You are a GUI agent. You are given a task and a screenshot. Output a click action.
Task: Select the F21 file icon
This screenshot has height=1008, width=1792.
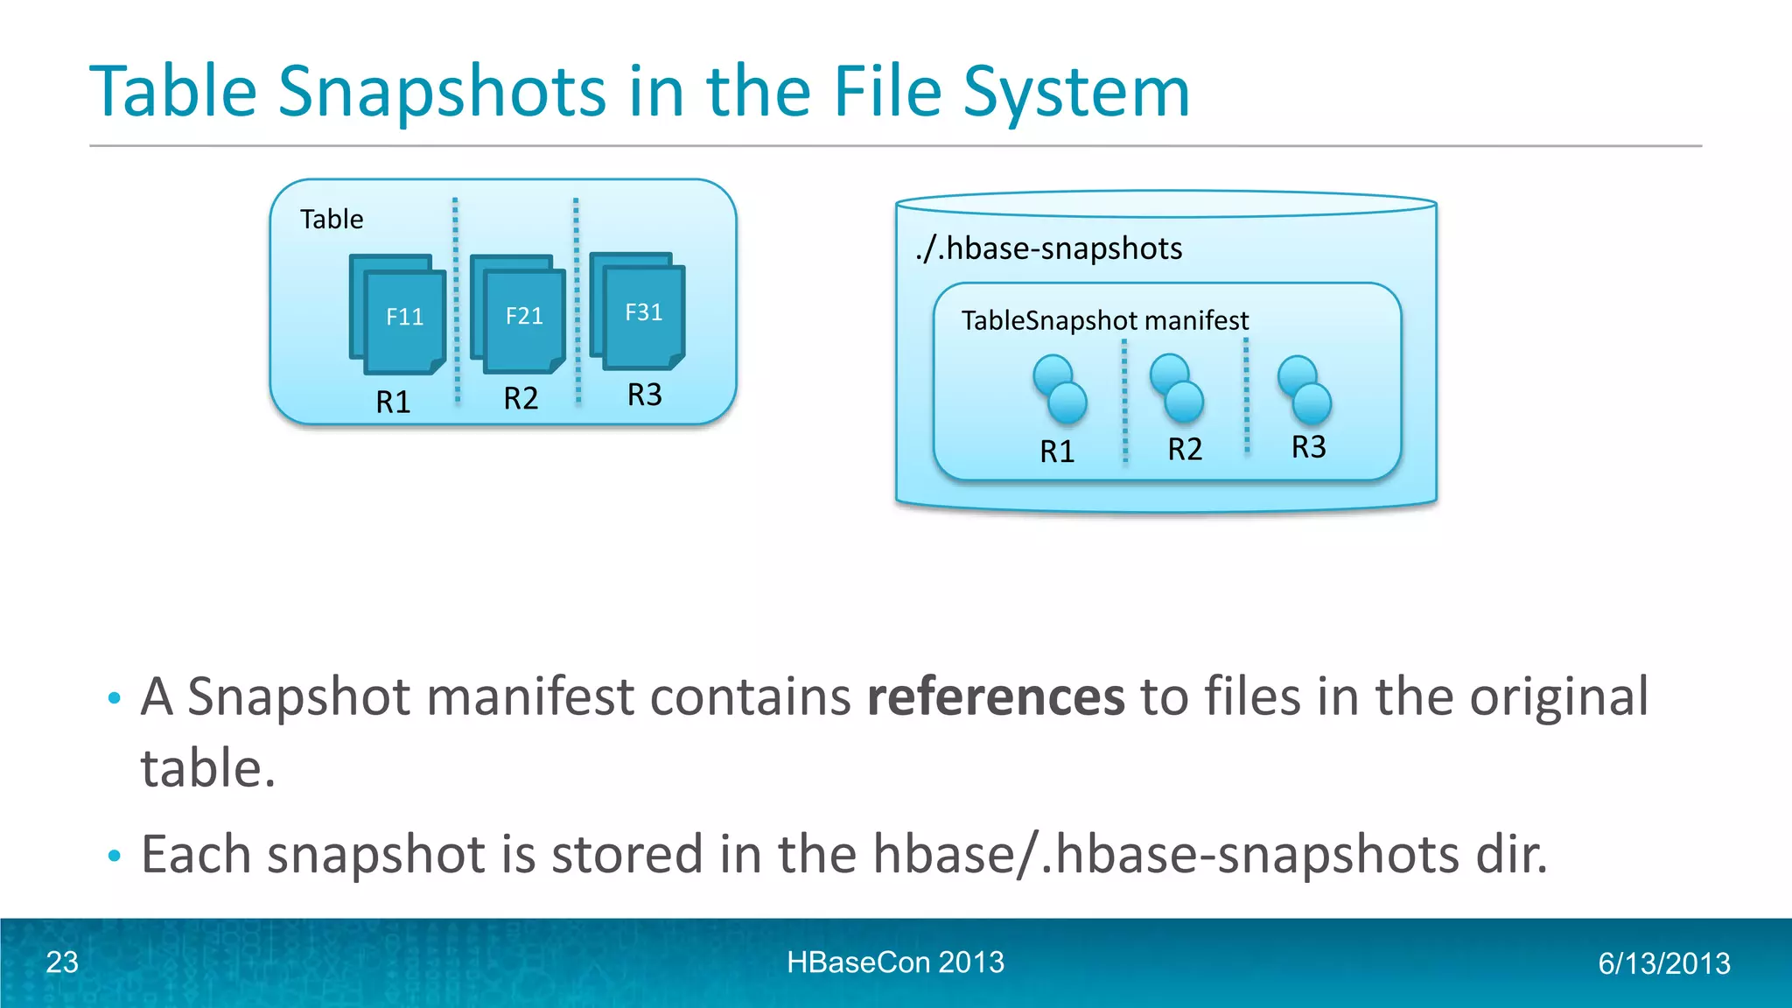pyautogui.click(x=523, y=316)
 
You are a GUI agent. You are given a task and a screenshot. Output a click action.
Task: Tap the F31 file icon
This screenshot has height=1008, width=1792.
pyautogui.click(x=642, y=312)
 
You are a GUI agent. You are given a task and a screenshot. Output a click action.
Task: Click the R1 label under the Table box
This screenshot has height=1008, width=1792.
pyautogui.click(x=393, y=402)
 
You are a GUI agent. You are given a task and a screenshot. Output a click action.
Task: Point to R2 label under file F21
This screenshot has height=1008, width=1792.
pyautogui.click(x=521, y=398)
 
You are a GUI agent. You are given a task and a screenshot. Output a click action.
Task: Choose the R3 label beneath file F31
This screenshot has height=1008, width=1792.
pyautogui.click(x=645, y=395)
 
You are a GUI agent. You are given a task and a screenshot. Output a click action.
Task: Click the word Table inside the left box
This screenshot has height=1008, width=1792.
pyautogui.click(x=332, y=219)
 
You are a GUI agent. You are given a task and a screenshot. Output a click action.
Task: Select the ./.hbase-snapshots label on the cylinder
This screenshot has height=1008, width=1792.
pyautogui.click(x=1049, y=248)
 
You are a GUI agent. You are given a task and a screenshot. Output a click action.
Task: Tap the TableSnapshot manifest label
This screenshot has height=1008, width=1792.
pyautogui.click(x=1105, y=320)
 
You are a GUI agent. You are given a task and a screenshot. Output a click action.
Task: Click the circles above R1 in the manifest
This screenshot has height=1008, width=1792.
pyautogui.click(x=1060, y=389)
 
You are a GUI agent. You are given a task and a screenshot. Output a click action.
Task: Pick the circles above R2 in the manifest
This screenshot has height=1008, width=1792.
pyautogui.click(x=1177, y=388)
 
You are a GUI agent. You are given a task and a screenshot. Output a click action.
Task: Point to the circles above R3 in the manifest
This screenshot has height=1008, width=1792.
pyautogui.click(x=1304, y=389)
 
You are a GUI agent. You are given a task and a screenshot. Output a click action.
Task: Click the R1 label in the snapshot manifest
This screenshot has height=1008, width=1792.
pyautogui.click(x=1057, y=451)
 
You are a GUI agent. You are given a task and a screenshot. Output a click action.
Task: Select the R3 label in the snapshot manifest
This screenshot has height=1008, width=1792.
pyautogui.click(x=1309, y=447)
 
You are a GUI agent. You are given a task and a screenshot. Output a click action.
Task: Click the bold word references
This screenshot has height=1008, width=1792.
pyautogui.click(x=996, y=696)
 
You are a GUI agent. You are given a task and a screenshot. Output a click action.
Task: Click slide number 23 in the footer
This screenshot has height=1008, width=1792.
pyautogui.click(x=62, y=962)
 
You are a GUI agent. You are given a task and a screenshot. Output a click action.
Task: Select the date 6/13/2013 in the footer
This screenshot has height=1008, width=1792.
pyautogui.click(x=1664, y=963)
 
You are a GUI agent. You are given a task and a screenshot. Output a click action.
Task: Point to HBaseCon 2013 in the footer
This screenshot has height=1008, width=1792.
pyautogui.click(x=895, y=962)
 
